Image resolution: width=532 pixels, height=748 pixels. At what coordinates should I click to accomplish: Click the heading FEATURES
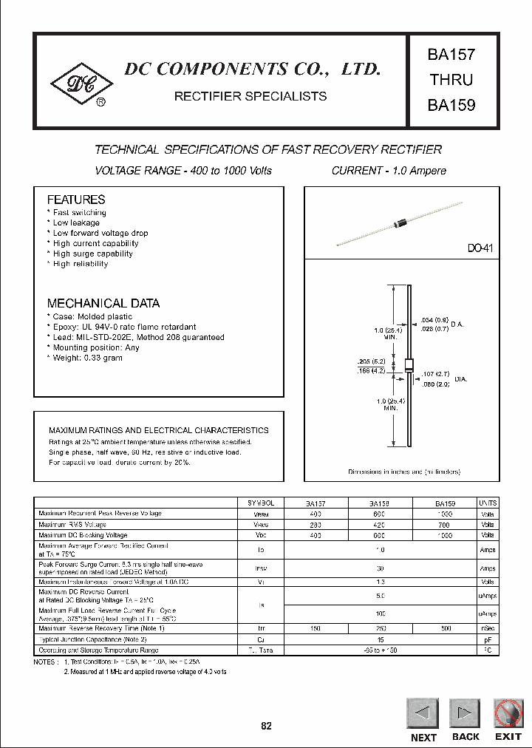pos(76,200)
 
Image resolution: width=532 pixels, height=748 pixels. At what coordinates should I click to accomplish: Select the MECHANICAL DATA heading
pos(103,303)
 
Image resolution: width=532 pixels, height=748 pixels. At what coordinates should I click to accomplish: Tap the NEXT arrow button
pos(423,713)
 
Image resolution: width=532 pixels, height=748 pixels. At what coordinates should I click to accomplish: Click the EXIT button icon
pos(508,713)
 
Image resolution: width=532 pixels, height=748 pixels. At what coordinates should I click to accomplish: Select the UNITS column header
pos(488,503)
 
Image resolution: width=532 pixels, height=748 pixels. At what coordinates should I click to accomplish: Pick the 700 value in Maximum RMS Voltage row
pos(446,524)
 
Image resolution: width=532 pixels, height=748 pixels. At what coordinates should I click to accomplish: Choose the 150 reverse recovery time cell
pos(316,628)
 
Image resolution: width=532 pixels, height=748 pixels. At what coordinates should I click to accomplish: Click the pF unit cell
pos(488,639)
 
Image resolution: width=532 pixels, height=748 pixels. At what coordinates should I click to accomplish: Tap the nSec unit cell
pos(488,628)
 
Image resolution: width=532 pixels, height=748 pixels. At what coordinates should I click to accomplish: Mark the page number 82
pos(266,726)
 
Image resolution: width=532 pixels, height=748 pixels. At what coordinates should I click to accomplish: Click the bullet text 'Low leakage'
pos(76,222)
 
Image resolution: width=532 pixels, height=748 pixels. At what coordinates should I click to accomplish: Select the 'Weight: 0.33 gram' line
pos(87,358)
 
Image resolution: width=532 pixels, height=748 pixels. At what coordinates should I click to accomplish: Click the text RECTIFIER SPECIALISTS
pos(250,96)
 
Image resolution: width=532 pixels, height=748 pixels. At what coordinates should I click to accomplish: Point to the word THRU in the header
pos(450,80)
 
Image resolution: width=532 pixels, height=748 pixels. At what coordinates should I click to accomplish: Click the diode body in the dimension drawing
pos(409,364)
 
